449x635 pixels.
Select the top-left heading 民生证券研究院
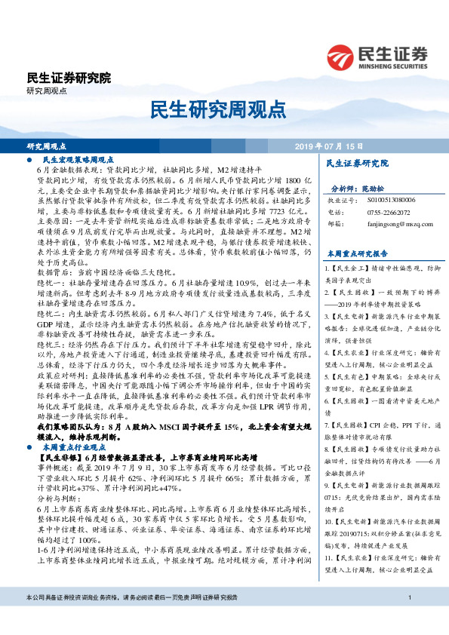[69, 78]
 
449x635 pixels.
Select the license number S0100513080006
[389, 201]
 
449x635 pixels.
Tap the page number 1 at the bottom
[408, 619]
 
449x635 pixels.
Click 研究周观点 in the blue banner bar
[47, 146]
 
